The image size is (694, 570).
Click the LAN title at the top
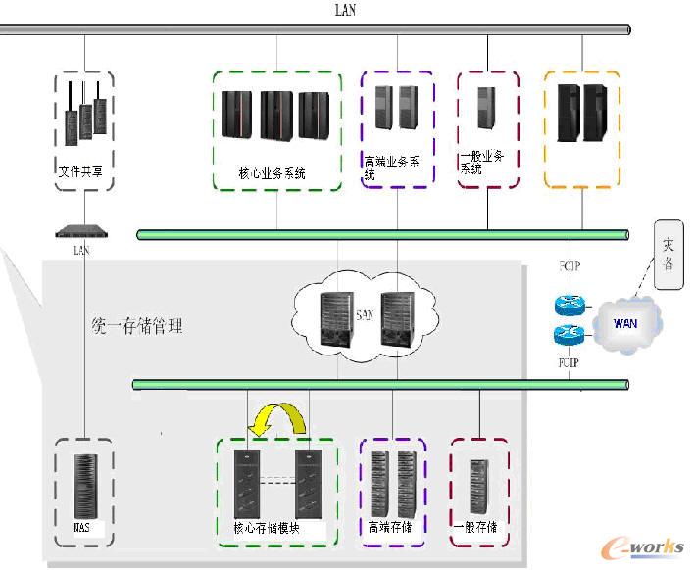(346, 11)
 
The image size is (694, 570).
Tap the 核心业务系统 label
(273, 173)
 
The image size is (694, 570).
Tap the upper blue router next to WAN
(570, 305)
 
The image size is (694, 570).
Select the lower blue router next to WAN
(570, 334)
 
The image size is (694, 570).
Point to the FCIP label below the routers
(570, 363)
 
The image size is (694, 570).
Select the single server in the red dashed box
(485, 109)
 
